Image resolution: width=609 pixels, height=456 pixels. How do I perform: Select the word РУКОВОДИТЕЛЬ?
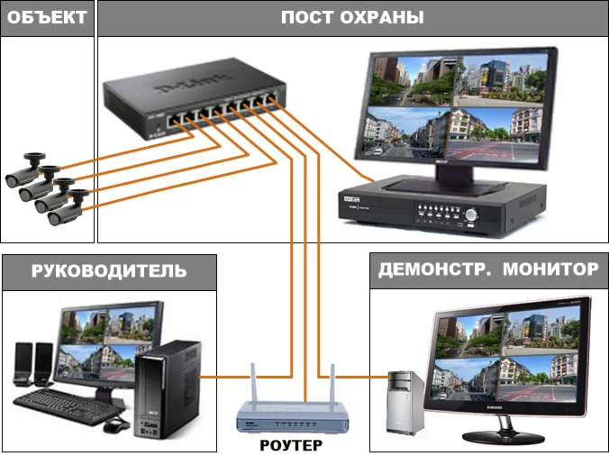click(x=109, y=270)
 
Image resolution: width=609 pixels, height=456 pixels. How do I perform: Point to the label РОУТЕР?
click(x=291, y=444)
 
